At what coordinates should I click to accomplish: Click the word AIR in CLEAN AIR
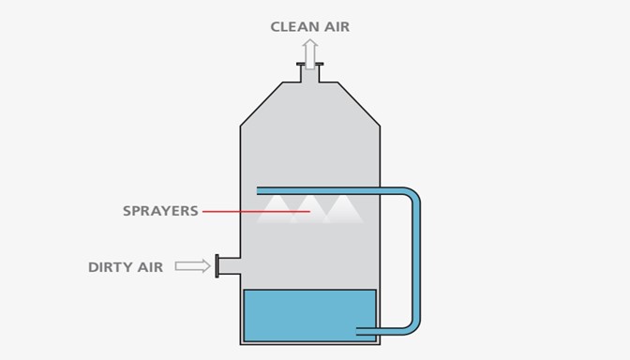(x=336, y=27)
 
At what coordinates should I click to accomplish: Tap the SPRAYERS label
(x=160, y=211)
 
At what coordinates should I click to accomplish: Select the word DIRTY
(x=112, y=267)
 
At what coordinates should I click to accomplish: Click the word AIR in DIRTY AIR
(x=151, y=267)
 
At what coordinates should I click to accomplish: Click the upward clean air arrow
(x=310, y=52)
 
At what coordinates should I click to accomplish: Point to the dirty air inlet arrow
(x=193, y=266)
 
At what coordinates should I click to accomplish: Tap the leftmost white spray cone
(x=277, y=209)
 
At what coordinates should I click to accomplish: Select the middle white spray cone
(x=310, y=209)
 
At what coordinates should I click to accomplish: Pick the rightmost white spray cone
(x=343, y=209)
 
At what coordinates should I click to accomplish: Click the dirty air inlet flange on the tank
(x=217, y=266)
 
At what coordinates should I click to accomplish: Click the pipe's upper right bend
(x=412, y=197)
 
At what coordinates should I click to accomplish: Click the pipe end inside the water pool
(x=364, y=329)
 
